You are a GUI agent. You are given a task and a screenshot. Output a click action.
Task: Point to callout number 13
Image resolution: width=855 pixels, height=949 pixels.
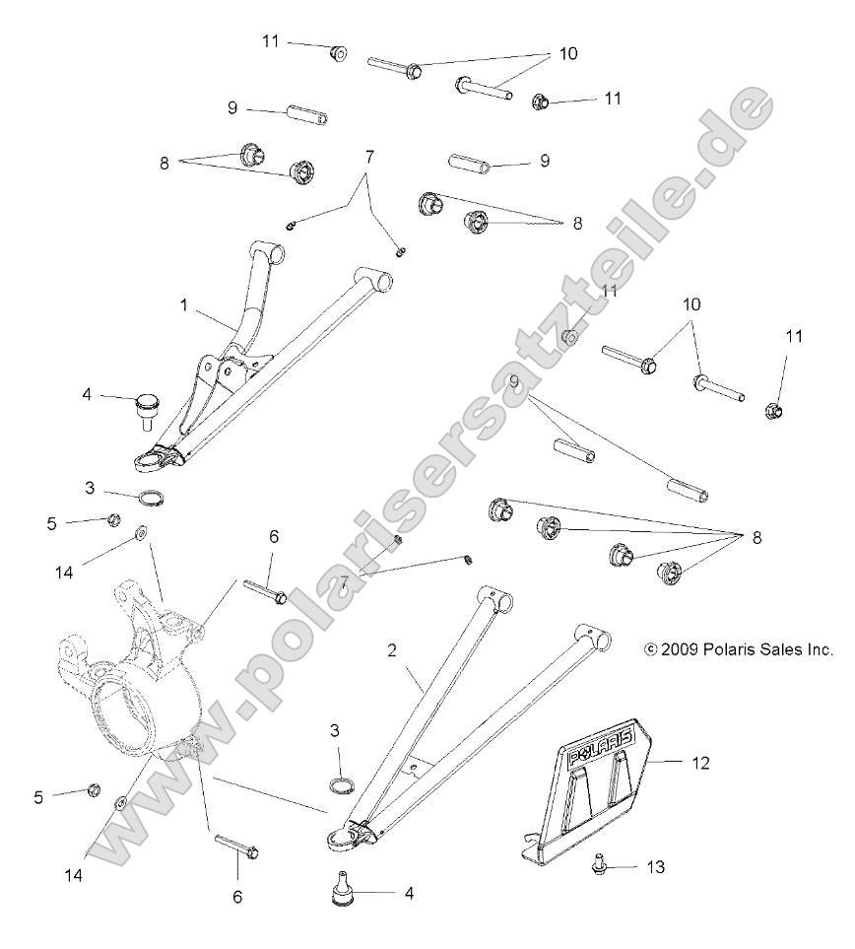tap(655, 867)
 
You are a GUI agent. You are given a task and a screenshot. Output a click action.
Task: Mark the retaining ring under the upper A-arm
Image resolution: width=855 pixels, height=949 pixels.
tap(152, 496)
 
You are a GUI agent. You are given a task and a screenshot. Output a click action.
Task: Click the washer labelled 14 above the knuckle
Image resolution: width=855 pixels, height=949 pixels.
tap(140, 532)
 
